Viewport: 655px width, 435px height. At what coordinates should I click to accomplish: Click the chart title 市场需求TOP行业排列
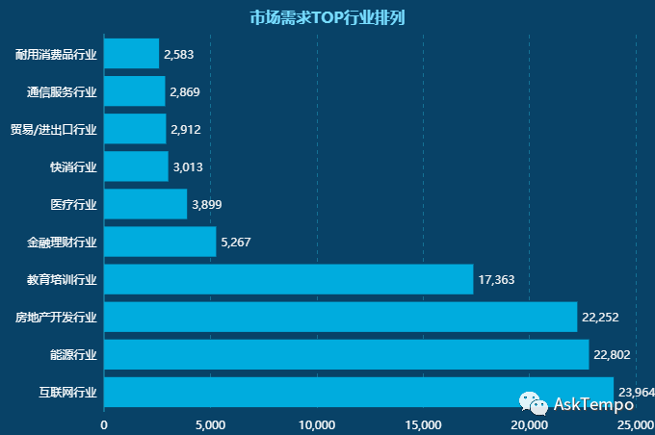[327, 17]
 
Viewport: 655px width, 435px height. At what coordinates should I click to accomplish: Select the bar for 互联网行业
[358, 392]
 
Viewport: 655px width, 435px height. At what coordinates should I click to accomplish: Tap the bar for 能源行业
[346, 354]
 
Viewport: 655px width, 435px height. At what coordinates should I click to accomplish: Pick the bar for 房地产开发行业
[340, 317]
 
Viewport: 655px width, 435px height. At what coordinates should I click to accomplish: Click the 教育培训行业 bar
[288, 279]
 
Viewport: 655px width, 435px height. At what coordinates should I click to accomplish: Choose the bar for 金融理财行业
[160, 242]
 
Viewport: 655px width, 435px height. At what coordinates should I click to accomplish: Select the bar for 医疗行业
[145, 204]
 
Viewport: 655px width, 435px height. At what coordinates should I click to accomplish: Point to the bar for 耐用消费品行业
[131, 54]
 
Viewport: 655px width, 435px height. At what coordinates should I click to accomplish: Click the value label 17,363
[496, 280]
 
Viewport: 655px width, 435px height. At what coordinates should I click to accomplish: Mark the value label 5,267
[236, 243]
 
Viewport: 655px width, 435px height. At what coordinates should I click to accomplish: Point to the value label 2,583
[179, 55]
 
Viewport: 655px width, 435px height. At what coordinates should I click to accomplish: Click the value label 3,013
[188, 167]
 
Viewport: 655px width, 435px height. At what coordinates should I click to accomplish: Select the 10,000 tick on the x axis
[317, 424]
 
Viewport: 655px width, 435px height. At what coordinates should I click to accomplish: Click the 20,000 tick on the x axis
[529, 424]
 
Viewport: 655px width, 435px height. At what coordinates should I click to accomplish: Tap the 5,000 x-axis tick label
[210, 424]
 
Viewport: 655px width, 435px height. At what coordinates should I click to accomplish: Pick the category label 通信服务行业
[62, 92]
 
